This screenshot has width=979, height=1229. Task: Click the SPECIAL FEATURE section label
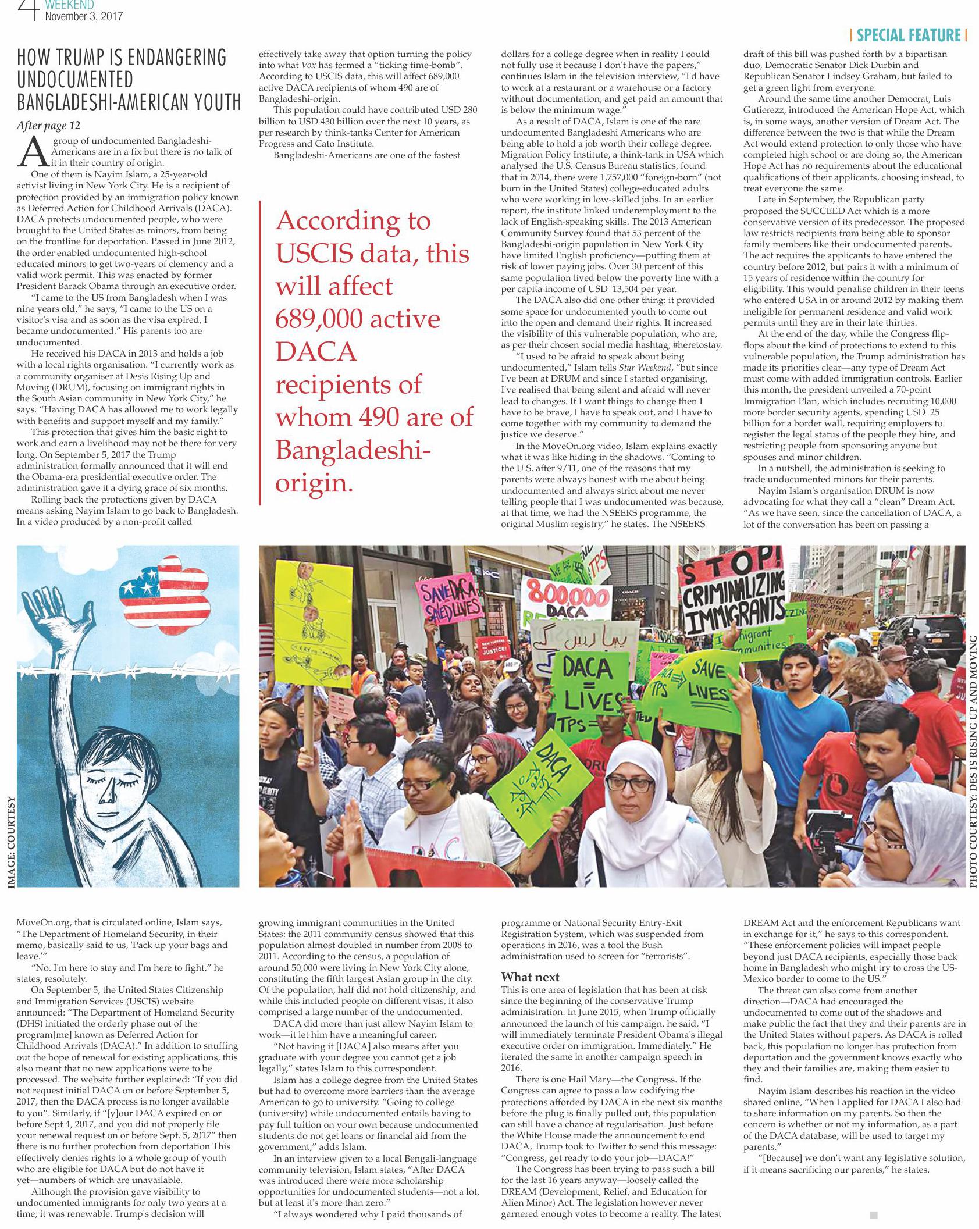(908, 35)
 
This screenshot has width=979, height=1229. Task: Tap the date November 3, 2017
(84, 16)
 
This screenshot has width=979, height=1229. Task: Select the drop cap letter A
(33, 151)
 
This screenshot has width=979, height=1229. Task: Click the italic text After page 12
(48, 126)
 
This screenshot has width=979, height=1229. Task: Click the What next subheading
(530, 977)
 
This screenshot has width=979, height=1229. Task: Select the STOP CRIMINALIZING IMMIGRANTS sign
(734, 599)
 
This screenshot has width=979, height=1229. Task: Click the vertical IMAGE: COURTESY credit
(10, 843)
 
